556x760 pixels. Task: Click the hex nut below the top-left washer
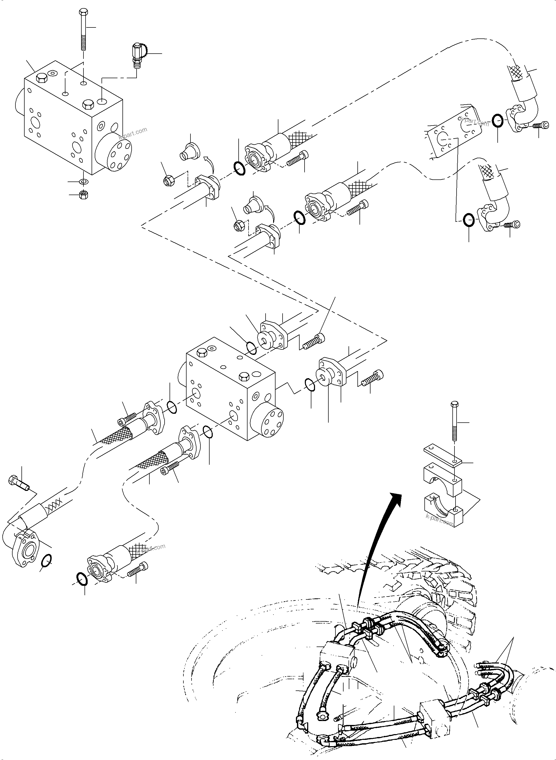pos(83,195)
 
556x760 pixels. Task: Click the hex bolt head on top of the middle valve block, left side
pos(202,352)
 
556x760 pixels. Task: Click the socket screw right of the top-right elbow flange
pos(541,126)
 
